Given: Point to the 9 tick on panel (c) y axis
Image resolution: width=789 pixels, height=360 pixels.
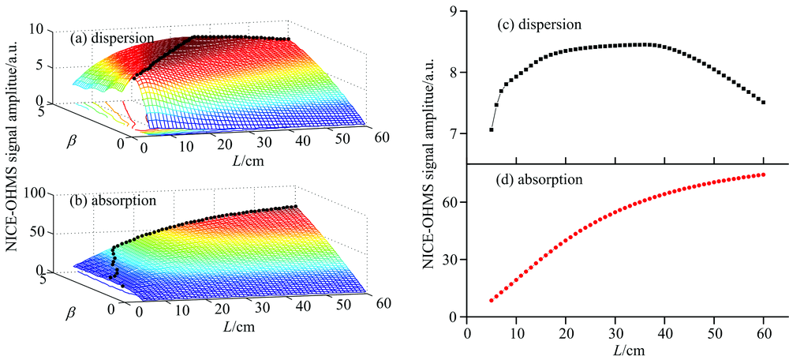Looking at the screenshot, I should click(x=455, y=11).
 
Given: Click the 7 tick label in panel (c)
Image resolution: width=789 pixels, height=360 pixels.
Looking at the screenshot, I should click(x=455, y=134).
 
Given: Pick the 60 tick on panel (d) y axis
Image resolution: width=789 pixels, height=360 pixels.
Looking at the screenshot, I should click(x=452, y=202).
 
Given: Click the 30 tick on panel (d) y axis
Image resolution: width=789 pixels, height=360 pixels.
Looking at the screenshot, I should click(x=452, y=260).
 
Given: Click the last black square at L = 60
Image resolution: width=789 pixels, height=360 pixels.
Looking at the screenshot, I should click(x=763, y=102).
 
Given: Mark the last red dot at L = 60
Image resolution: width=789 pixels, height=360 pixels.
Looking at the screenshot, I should click(x=763, y=174).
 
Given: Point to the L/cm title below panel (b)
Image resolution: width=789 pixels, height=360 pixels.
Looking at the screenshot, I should click(x=236, y=325).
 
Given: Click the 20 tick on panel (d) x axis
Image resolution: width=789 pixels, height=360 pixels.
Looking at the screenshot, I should click(x=566, y=331).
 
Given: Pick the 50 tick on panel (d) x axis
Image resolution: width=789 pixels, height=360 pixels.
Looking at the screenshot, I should click(x=714, y=331).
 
